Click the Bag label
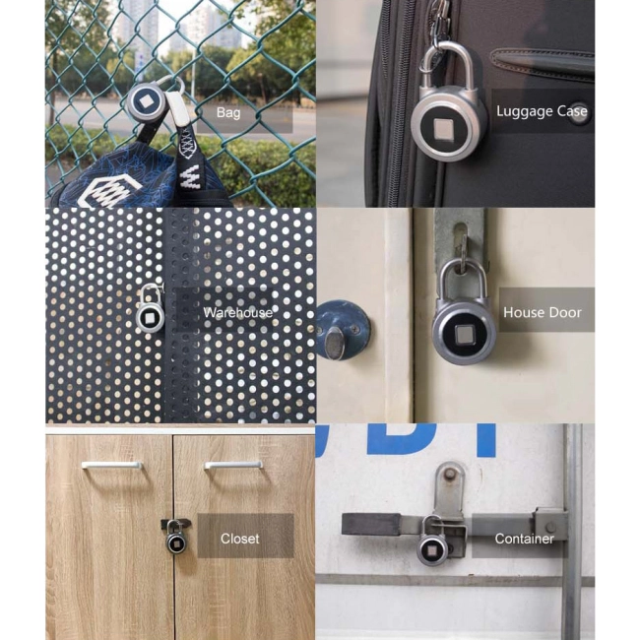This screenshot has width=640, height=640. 228,112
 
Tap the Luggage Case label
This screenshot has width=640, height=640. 542,111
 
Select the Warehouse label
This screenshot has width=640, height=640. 237,313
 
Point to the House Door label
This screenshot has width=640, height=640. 543,312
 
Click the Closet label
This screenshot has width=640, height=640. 239,539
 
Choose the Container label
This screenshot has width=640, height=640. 524,539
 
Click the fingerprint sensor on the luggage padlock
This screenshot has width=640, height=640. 442,130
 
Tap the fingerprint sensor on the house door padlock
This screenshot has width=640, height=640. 464,335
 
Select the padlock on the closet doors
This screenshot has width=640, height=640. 176,537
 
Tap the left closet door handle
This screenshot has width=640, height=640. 111,465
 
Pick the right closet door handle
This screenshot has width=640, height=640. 233,465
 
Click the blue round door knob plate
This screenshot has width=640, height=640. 343,330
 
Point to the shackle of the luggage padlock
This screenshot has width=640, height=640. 447,65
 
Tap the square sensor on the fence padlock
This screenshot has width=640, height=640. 145,100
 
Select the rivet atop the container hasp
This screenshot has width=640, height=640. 449,474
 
